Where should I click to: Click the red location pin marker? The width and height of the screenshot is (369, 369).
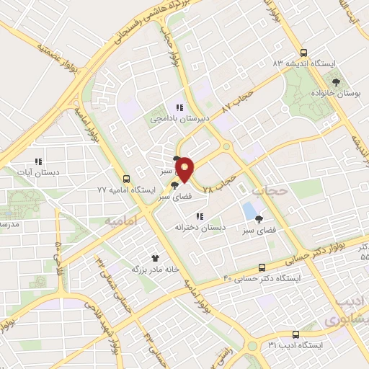pos(186,169)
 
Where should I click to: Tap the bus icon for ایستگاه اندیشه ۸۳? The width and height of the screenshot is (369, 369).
pos(303,53)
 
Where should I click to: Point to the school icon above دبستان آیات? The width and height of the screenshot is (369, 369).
pos(39,161)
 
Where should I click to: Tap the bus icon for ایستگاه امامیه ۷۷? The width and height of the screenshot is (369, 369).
pos(127,179)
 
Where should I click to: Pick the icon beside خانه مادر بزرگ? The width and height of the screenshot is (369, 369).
pos(154,257)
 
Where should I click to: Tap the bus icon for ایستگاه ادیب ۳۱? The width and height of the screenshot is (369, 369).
pos(295,334)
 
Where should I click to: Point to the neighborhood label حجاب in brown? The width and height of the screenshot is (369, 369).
pos(271,190)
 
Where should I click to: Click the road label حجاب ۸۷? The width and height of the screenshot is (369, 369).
pos(239,101)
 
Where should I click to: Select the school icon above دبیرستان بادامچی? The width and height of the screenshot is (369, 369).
pos(179,107)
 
